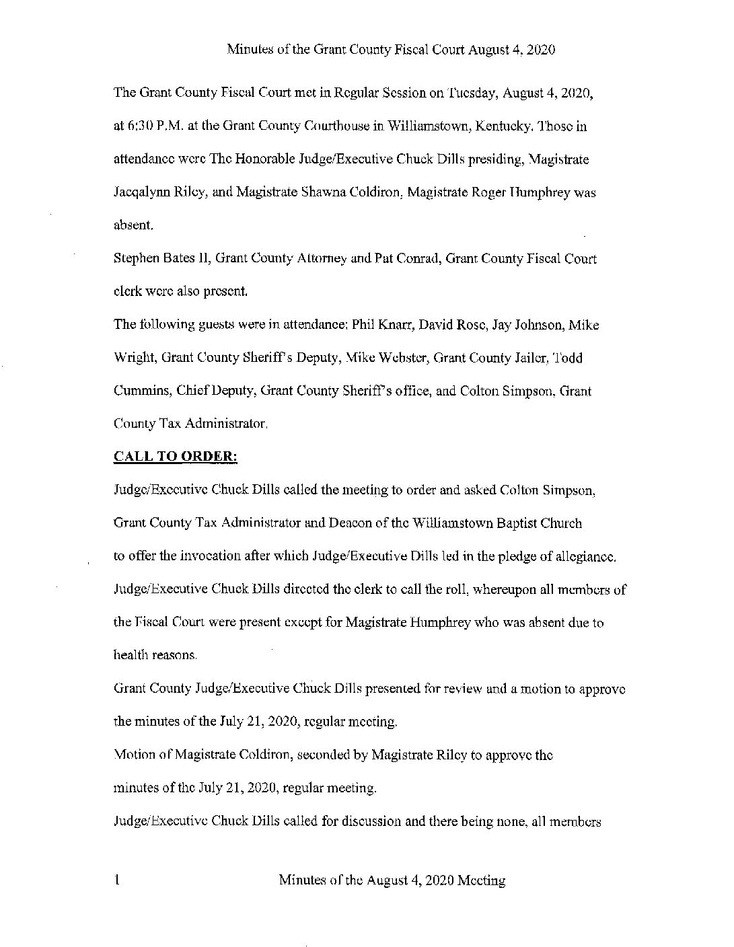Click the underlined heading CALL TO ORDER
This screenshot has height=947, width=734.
(176, 457)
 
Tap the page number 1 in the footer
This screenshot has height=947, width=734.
(118, 879)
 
